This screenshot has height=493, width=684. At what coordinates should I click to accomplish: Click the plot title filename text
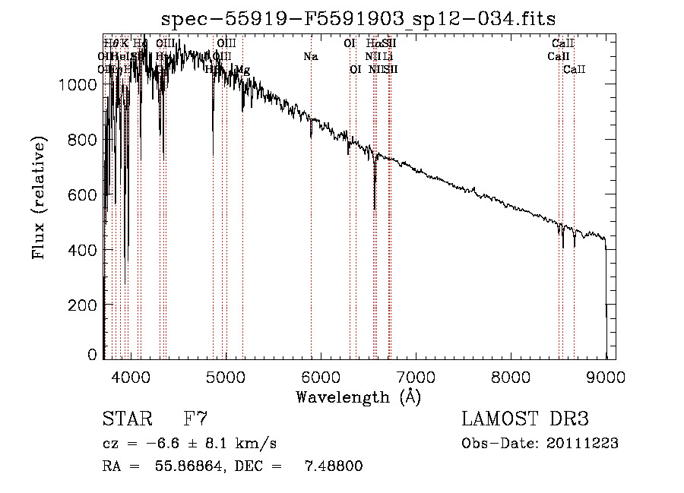coord(359,19)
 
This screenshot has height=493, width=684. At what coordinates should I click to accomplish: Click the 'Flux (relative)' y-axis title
coord(38,198)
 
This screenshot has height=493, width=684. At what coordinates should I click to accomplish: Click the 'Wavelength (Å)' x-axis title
coord(358,397)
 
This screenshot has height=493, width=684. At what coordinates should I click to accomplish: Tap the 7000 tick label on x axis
coord(416,376)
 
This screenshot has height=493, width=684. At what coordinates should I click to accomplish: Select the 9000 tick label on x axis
coord(606,376)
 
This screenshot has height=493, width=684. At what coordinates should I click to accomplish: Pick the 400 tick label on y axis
coord(85,250)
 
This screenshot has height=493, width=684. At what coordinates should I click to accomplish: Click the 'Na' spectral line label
coord(310,56)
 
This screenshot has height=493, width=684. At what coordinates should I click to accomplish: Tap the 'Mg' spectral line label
coord(242,69)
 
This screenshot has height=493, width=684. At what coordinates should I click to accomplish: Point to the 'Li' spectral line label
coord(388,56)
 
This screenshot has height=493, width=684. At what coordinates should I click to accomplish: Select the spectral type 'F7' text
coord(195,419)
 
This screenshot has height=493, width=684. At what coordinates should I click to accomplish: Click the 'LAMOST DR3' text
coord(525,419)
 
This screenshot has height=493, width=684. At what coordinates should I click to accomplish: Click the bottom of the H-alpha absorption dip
coord(375,209)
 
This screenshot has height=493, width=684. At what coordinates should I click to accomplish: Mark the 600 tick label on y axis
coord(85,194)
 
